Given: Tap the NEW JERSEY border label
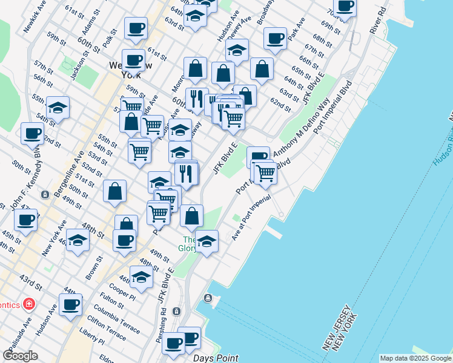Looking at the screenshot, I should point(334,327).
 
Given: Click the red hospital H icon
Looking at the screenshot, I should point(28,303).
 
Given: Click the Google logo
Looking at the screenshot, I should point(20,356).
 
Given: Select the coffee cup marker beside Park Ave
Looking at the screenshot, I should point(275,38).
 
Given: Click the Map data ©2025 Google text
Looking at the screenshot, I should point(415,358).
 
